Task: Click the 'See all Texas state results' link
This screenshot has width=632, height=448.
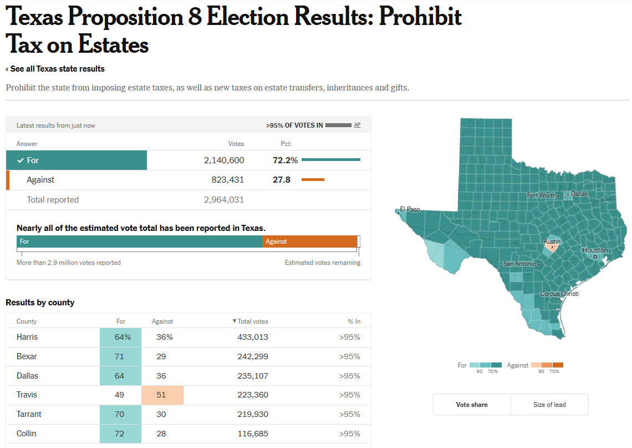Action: click(55, 69)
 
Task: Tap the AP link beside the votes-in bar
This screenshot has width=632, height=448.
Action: click(357, 125)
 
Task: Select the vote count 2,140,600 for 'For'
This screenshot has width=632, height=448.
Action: click(224, 160)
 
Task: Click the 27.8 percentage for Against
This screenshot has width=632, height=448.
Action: click(282, 180)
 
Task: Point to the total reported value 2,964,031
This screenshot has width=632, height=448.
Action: click(224, 200)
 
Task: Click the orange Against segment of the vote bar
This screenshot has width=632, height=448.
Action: click(309, 241)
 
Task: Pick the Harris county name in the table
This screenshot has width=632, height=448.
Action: click(27, 337)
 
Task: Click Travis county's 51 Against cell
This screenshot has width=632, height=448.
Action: click(161, 395)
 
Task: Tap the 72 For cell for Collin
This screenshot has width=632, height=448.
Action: click(120, 434)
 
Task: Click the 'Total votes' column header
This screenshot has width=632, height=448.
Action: click(252, 321)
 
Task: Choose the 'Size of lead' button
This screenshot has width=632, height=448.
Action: click(549, 405)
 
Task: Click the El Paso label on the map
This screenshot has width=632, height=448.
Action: click(410, 209)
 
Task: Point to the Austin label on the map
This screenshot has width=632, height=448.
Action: click(552, 241)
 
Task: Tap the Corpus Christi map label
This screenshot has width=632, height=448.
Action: click(559, 294)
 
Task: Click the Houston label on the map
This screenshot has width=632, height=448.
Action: click(595, 250)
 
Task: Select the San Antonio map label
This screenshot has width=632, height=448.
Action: click(519, 264)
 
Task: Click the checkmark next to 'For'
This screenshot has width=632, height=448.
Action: click(21, 160)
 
